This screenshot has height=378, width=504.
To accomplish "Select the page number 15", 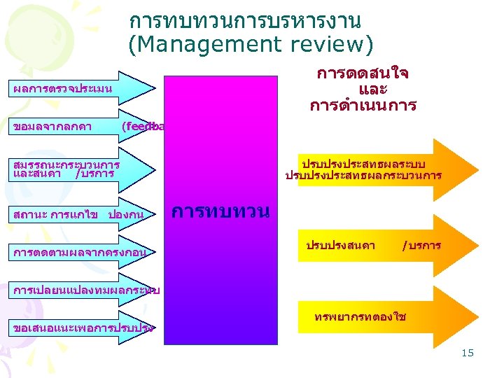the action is click(x=468, y=353).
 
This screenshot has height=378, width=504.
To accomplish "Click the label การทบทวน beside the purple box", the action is click(x=220, y=211).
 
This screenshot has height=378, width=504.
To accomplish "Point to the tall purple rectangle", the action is click(x=221, y=280).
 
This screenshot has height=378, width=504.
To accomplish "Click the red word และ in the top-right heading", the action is click(x=372, y=90).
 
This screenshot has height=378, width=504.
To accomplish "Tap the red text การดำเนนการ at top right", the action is click(x=363, y=106).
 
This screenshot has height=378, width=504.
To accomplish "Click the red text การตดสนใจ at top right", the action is click(x=363, y=73).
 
